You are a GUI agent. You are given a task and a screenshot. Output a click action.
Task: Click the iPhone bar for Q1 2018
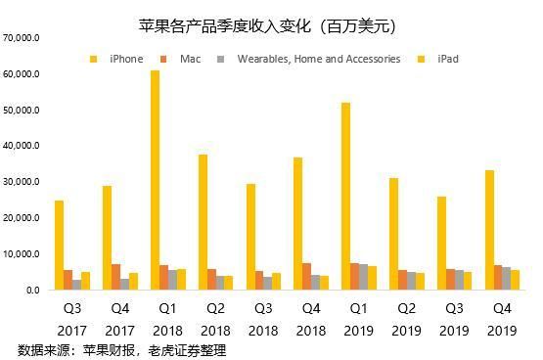(x=156, y=180)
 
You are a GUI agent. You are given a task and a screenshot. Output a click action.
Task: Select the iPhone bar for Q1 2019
(x=346, y=196)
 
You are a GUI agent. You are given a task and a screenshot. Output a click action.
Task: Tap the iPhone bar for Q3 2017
(x=59, y=245)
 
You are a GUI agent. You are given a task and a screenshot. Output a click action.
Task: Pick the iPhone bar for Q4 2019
(x=489, y=230)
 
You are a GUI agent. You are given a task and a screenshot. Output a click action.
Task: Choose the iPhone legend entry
(x=117, y=59)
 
